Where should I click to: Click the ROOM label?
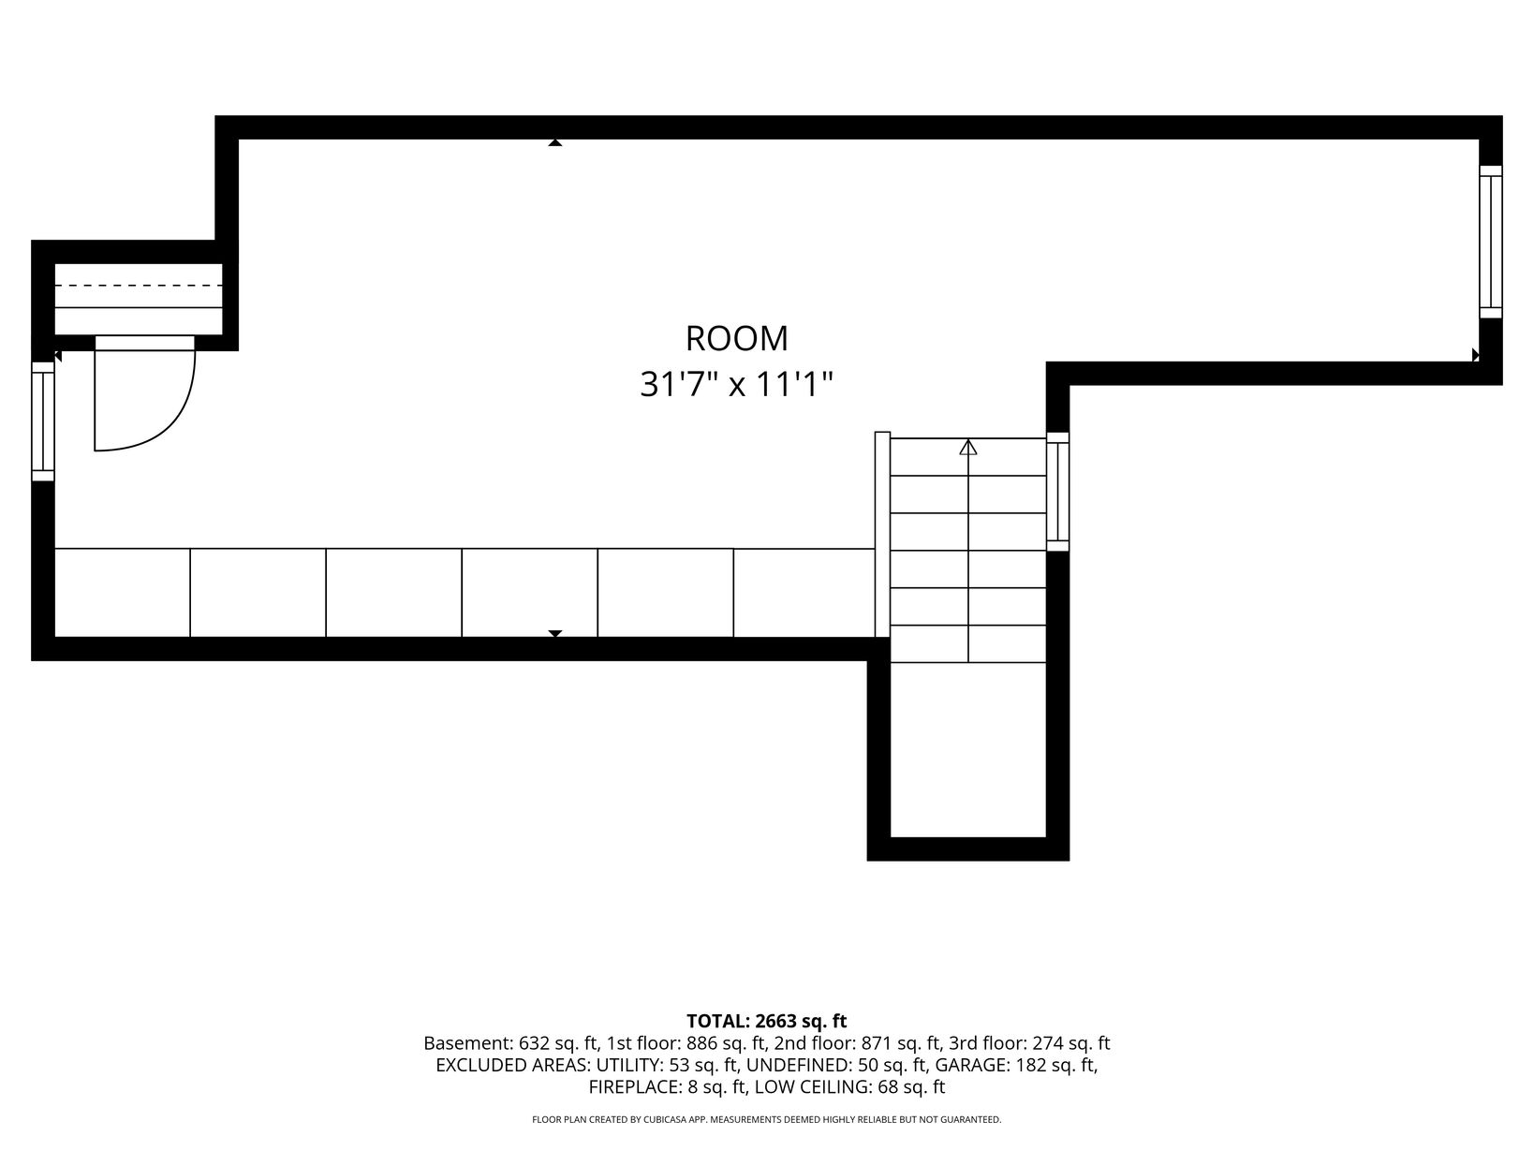point(737,339)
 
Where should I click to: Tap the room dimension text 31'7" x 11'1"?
point(737,384)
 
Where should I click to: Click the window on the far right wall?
point(1490,242)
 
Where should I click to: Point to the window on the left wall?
point(43,421)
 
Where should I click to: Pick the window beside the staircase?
point(1057,492)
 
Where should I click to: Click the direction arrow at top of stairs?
point(968,448)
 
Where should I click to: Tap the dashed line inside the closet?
point(139,286)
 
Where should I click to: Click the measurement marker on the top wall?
point(555,142)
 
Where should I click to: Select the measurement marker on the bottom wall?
point(555,633)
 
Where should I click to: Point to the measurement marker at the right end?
point(1475,355)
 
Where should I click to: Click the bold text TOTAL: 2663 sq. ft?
point(767,1021)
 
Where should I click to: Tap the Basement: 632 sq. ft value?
point(510,1043)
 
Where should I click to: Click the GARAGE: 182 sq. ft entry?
point(1014,1065)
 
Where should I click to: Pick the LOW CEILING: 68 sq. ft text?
point(849,1086)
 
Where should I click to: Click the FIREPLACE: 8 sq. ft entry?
point(667,1086)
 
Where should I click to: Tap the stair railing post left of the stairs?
point(883,535)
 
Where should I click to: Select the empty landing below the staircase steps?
point(968,749)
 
